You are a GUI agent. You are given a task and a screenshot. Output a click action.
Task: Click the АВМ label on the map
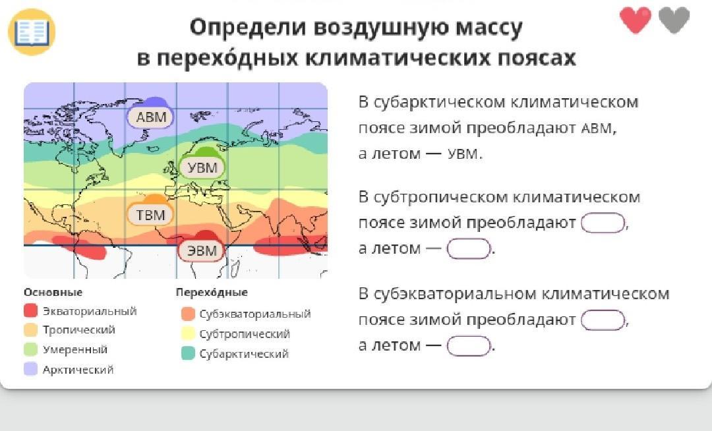[x=151, y=117]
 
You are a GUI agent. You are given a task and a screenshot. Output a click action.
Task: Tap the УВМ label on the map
[x=202, y=167]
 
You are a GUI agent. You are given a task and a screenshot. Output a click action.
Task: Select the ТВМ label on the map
[x=151, y=214]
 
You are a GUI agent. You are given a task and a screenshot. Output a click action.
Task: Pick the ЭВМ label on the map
[x=202, y=250]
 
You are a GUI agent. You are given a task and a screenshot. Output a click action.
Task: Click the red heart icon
[x=636, y=20]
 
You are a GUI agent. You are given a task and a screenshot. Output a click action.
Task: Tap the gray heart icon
[x=674, y=20]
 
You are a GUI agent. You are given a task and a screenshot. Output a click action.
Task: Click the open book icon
[x=32, y=32]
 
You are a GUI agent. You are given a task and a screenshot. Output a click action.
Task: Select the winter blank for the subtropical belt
[x=603, y=223]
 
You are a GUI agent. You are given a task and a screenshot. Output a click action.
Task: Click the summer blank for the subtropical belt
[x=469, y=248]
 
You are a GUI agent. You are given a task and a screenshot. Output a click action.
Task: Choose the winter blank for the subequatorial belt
[x=603, y=320]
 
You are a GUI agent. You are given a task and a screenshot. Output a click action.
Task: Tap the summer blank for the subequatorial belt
[x=469, y=346]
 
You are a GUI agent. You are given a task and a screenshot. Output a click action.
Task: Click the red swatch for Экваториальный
[x=30, y=311]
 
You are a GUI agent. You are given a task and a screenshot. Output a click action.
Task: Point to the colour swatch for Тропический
[x=30, y=330]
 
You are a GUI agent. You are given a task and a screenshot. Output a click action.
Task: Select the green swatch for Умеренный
[x=30, y=349]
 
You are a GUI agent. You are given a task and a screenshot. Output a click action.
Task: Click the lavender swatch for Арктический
[x=30, y=369]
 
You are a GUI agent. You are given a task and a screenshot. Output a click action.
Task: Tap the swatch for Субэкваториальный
[x=188, y=314]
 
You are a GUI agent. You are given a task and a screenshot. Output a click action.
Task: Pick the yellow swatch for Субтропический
[x=188, y=333]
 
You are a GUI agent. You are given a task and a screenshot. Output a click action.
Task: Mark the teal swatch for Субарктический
[x=188, y=353]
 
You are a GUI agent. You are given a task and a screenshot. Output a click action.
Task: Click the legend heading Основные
[x=53, y=292]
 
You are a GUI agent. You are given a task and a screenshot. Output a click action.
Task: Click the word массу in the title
[x=489, y=27]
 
